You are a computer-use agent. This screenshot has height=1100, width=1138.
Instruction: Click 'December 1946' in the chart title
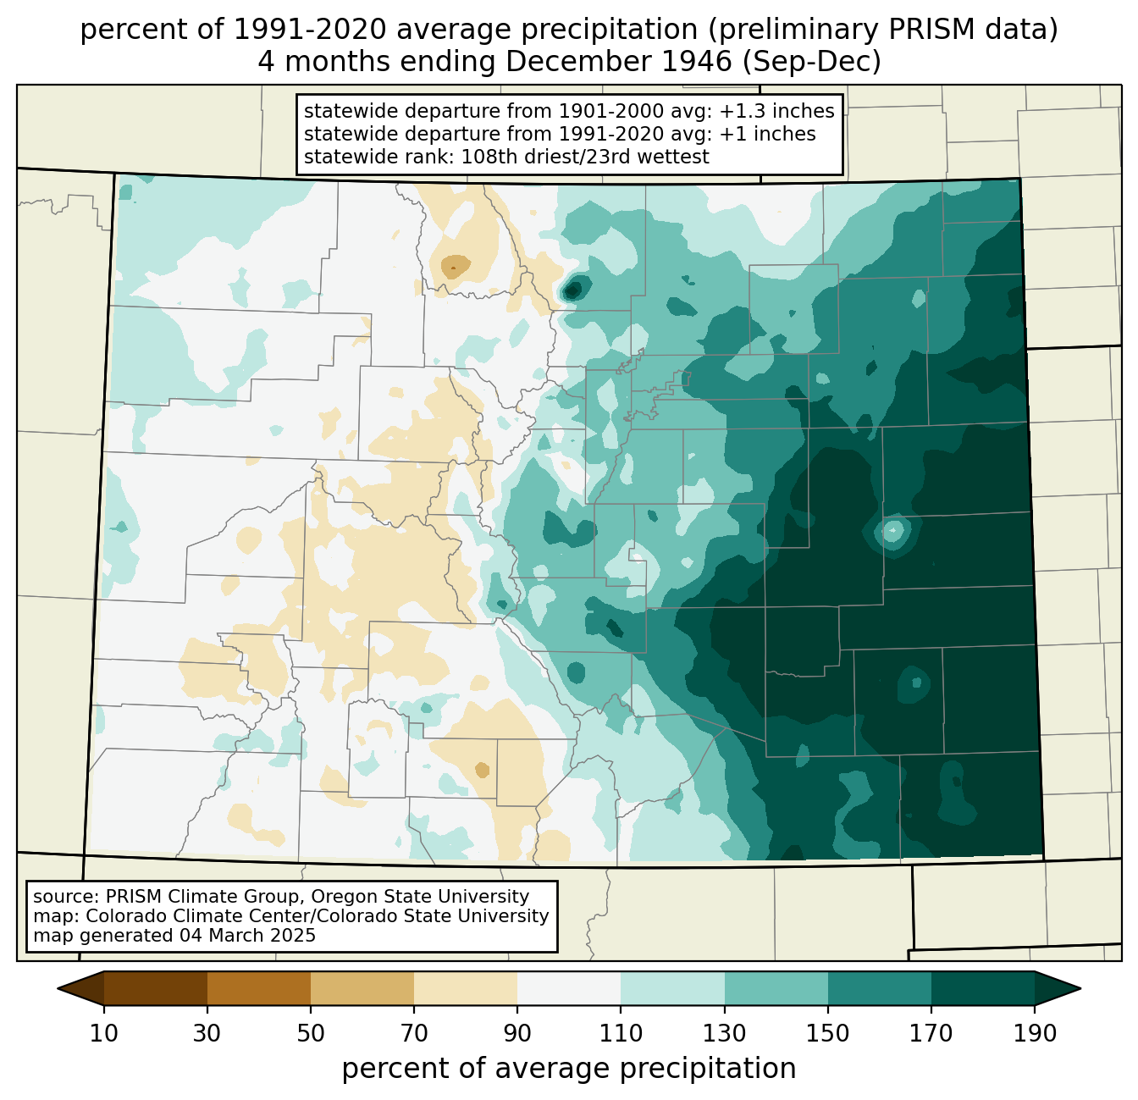pyautogui.click(x=618, y=62)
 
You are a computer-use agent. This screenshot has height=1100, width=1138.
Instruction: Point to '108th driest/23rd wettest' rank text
pyautogui.click(x=585, y=157)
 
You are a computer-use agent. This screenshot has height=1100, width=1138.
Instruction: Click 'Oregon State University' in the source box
pyautogui.click(x=420, y=897)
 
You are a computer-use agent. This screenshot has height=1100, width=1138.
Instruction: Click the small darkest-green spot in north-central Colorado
pyautogui.click(x=572, y=290)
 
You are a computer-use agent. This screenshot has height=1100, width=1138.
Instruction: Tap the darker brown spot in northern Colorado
pyautogui.click(x=455, y=267)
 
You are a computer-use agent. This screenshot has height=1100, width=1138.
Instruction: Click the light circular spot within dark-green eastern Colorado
pyautogui.click(x=892, y=532)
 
